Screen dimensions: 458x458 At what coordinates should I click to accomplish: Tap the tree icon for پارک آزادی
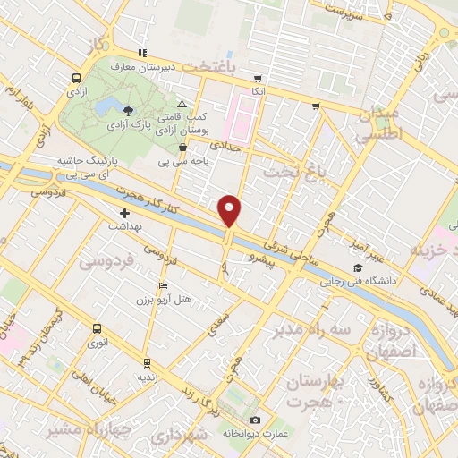(x=130, y=111)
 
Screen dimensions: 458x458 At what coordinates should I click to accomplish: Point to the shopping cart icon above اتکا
(x=258, y=77)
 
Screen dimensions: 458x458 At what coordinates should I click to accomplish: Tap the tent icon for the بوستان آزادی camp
(x=182, y=104)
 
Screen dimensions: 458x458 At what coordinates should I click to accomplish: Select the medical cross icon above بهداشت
(x=125, y=214)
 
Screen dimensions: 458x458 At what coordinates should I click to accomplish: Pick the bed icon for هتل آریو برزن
(x=162, y=285)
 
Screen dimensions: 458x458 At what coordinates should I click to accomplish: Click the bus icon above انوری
(x=95, y=327)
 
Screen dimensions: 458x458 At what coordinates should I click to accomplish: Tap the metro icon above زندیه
(x=146, y=363)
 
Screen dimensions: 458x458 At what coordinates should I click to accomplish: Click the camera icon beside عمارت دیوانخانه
(x=256, y=420)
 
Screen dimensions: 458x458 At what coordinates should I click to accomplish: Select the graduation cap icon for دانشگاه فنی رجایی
(x=358, y=267)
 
